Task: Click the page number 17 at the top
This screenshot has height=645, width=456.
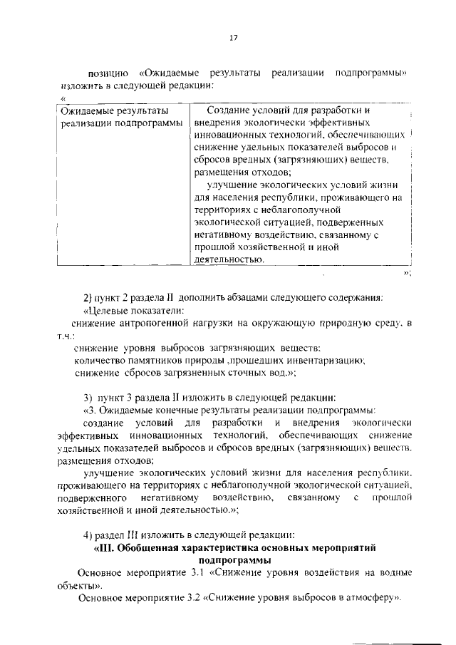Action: (232, 38)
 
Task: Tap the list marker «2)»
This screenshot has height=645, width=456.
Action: (90, 297)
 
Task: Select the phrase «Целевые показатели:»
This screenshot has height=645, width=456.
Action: (135, 310)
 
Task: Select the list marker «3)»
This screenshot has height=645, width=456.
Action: (90, 397)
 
